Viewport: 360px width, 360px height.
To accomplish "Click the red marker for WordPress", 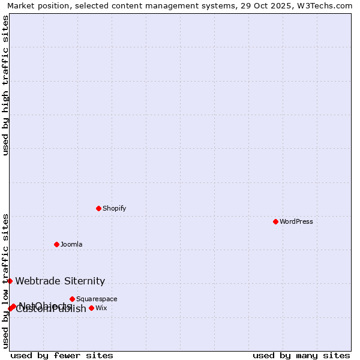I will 275,221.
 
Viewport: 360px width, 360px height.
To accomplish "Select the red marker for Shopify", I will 98,208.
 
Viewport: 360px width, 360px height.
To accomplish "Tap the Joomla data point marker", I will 56,244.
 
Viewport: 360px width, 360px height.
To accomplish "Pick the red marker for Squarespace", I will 72,299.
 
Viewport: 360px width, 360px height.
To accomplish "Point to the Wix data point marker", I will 91,308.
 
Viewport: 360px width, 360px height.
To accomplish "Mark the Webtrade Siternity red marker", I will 10,281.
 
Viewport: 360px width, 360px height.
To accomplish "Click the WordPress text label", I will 296,221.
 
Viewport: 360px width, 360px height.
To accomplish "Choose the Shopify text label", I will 114,208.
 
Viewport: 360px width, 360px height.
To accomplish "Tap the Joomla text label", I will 71,244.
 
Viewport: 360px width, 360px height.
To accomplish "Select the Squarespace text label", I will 97,299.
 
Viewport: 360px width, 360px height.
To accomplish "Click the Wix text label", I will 101,308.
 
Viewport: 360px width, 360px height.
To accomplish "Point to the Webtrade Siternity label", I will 60,281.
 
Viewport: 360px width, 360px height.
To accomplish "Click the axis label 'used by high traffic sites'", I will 5,85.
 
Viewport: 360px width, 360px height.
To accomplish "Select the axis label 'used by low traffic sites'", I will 5,281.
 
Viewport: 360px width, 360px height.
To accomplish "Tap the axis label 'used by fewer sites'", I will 62,356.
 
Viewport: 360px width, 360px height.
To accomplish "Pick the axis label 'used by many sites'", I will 301,356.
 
